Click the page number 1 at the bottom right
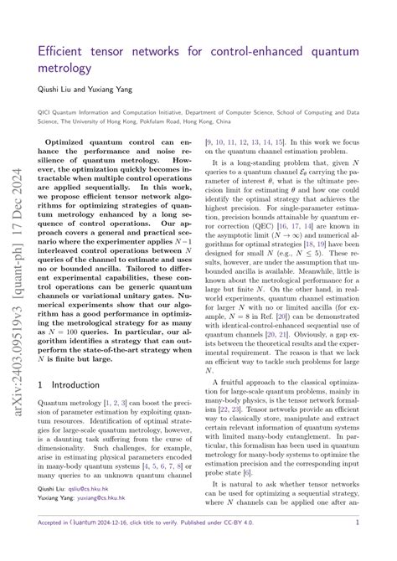pyautogui.click(x=357, y=545)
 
